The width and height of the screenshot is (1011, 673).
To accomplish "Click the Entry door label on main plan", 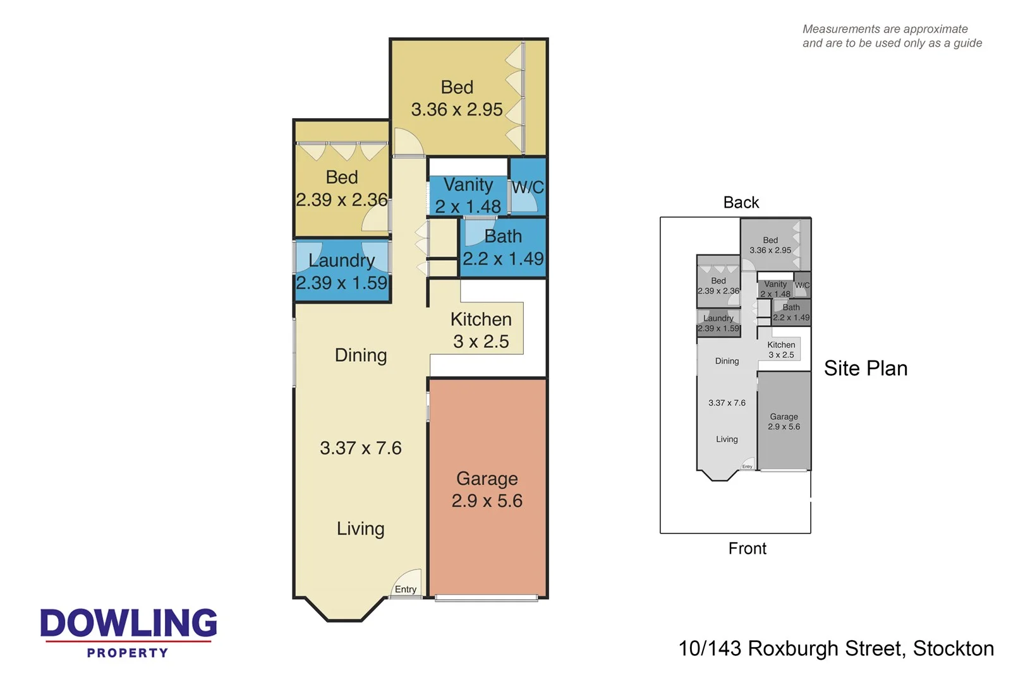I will pyautogui.click(x=406, y=589).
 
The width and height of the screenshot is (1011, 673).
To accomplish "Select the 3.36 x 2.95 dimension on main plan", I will pyautogui.click(x=457, y=109).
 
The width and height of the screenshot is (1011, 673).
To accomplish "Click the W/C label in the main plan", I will pyautogui.click(x=528, y=188).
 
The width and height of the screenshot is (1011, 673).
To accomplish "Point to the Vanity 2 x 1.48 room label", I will pyautogui.click(x=468, y=195).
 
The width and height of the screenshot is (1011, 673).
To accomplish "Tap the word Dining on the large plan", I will pyautogui.click(x=361, y=355).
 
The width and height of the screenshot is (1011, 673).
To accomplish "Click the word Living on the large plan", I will pyautogui.click(x=360, y=528).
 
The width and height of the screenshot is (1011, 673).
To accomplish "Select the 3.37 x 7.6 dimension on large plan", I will pyautogui.click(x=361, y=448).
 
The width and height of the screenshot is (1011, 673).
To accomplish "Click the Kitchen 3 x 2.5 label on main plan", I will pyautogui.click(x=481, y=330).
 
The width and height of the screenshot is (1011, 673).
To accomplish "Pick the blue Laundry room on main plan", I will pyautogui.click(x=342, y=271).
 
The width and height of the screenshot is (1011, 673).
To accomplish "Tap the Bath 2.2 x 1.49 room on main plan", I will pyautogui.click(x=503, y=247).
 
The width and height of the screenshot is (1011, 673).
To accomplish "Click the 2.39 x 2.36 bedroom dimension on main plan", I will pyautogui.click(x=342, y=200).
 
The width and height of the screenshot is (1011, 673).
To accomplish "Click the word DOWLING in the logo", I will pyautogui.click(x=129, y=623).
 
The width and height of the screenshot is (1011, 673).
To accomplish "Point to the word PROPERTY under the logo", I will pyautogui.click(x=128, y=653).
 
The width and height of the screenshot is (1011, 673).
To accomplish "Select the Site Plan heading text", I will pyautogui.click(x=865, y=368).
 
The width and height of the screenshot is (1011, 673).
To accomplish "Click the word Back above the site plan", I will pyautogui.click(x=741, y=203).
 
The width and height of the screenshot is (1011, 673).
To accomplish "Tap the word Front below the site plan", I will pyautogui.click(x=747, y=548).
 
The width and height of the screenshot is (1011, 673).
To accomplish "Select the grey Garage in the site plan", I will pyautogui.click(x=784, y=422).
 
